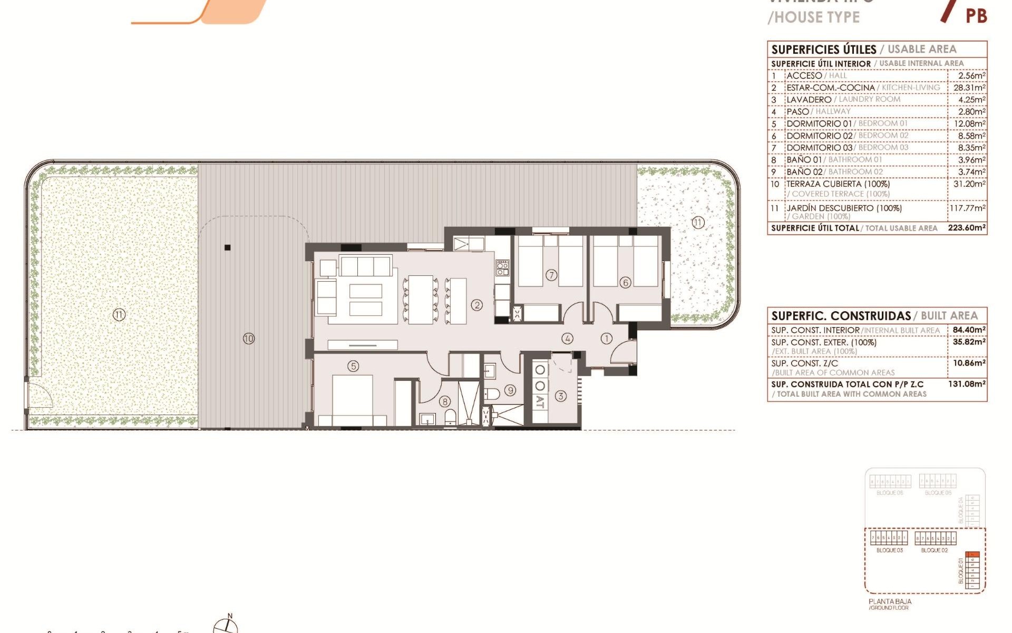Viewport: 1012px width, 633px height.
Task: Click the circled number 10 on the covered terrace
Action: coord(249,339)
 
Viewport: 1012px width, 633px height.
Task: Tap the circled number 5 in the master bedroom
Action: coord(353,366)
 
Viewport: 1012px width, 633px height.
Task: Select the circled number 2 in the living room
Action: coord(477,305)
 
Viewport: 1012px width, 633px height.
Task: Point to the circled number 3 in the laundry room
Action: coord(560,396)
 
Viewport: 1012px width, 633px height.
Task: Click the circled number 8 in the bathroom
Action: coord(445,402)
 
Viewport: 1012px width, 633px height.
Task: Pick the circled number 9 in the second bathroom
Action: coord(510,390)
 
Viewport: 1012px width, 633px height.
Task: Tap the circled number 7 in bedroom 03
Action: coord(551,275)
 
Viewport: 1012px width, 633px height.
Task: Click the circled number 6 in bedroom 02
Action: coord(626,283)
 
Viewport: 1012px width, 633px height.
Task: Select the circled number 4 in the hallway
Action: coord(567,339)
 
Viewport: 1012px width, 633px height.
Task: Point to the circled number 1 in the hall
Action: coord(607,339)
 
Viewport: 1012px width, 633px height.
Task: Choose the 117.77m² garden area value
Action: coord(967,208)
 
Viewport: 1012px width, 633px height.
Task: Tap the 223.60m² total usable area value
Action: coord(967,228)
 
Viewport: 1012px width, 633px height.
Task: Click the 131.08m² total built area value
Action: coord(967,384)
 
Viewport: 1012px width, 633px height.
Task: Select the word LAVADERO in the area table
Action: coord(809,100)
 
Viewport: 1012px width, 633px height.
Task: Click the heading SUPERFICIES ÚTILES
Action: coord(823,50)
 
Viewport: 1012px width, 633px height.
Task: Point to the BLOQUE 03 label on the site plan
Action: coord(889,550)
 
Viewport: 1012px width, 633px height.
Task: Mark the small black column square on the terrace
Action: coord(228,247)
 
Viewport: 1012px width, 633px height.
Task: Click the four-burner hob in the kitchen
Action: coord(502,268)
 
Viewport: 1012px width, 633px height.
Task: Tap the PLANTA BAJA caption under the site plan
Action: coord(890,601)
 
